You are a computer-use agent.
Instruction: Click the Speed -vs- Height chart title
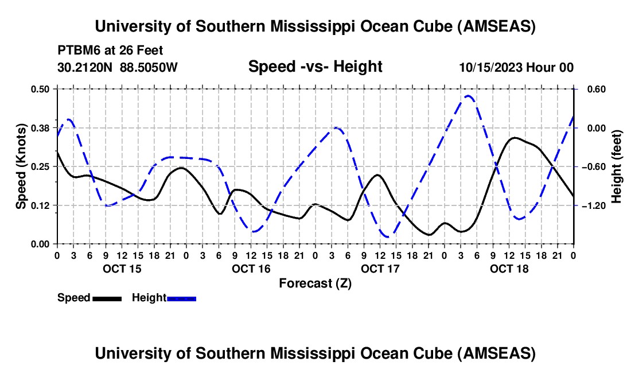pos(315,67)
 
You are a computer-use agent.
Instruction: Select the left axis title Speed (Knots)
pos(21,166)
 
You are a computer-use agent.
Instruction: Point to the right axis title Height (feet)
pos(617,166)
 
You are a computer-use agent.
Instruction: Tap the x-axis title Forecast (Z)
pos(315,283)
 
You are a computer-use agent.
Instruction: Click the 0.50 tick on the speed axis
pos(40,89)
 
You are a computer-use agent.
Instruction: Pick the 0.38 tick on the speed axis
pos(40,128)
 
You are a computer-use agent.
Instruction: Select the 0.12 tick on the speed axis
pos(40,205)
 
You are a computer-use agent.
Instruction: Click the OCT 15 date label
pos(122,269)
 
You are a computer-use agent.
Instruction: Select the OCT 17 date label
pos(380,269)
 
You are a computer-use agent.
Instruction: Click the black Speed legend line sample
pos(107,298)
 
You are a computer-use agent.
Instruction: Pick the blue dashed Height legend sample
pos(182,298)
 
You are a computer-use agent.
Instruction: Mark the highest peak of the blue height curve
pos(468,96)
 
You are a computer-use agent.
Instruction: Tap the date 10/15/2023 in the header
pos(490,68)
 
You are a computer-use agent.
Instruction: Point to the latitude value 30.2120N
pos(85,68)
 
